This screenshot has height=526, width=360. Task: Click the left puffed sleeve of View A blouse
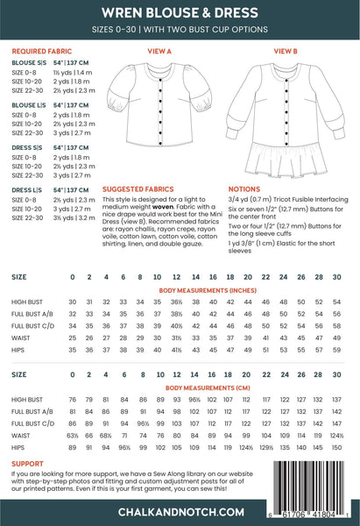click(119, 96)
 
